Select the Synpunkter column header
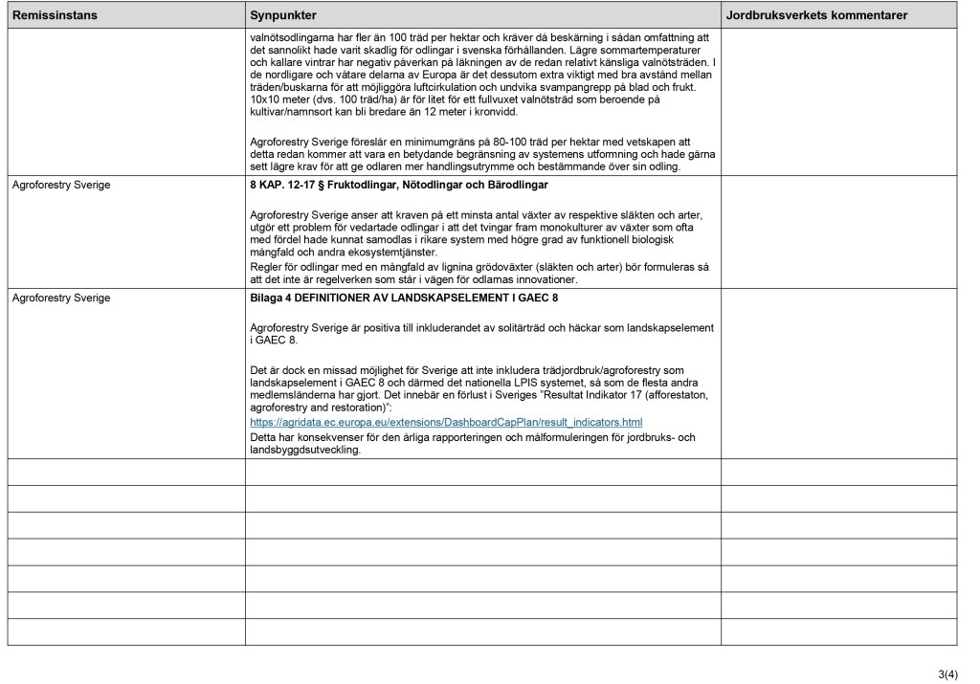tap(283, 16)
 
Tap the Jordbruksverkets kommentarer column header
tap(816, 16)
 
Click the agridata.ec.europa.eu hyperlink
tap(445, 422)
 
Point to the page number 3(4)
tap(953, 675)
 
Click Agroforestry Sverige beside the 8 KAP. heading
tap(60, 184)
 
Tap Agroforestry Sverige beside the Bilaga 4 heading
tap(60, 298)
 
